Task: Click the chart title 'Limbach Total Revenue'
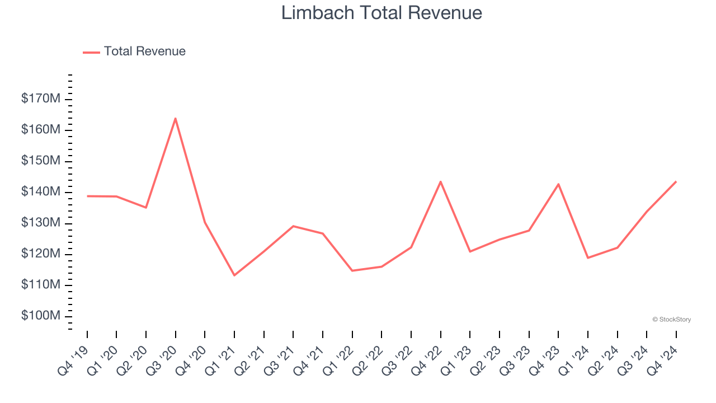pyautogui.click(x=381, y=13)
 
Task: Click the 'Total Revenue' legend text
pyautogui.click(x=144, y=51)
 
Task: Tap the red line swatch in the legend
pyautogui.click(x=91, y=52)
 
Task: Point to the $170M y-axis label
pyautogui.click(x=41, y=99)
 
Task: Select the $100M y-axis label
pyautogui.click(x=41, y=316)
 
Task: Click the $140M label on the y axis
pyautogui.click(x=41, y=192)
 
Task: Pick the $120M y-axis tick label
pyautogui.click(x=41, y=254)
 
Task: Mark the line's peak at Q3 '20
pyautogui.click(x=176, y=118)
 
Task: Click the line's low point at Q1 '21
pyautogui.click(x=234, y=275)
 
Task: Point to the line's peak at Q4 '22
pyautogui.click(x=441, y=181)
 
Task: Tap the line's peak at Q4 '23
pyautogui.click(x=558, y=184)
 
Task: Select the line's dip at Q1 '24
pyautogui.click(x=588, y=257)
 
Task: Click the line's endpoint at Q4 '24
pyautogui.click(x=676, y=181)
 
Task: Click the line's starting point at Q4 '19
pyautogui.click(x=87, y=196)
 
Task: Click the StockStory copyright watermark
pyautogui.click(x=671, y=320)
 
